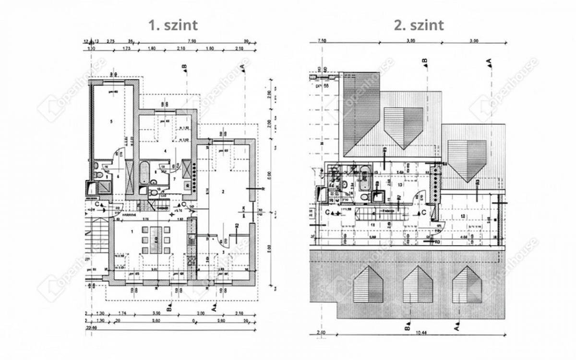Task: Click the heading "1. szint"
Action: click(173, 25)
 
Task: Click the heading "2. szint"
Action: click(419, 25)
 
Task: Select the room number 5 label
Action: click(111, 122)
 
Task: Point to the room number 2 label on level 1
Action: click(223, 192)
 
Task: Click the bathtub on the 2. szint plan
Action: click(365, 177)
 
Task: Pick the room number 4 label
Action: click(165, 151)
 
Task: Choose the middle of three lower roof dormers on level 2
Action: click(418, 284)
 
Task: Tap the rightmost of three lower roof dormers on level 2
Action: click(467, 284)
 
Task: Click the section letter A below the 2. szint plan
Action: click(456, 328)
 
